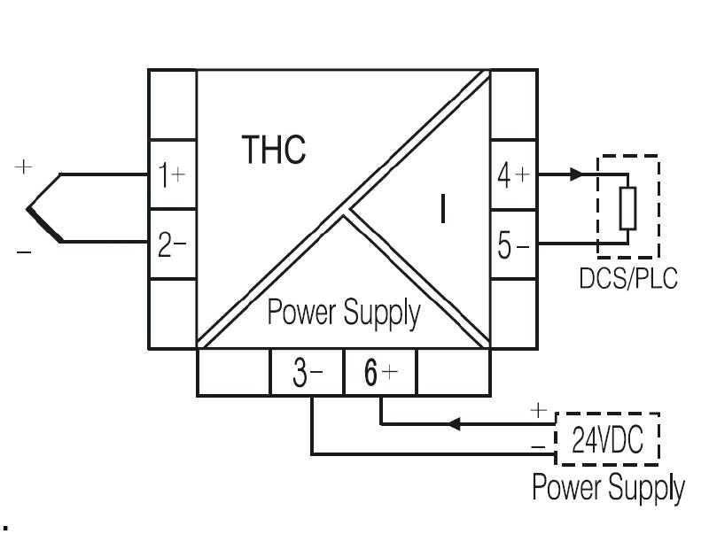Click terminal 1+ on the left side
pyautogui.click(x=171, y=174)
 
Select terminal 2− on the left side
pyautogui.click(x=171, y=244)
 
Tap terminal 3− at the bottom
pyautogui.click(x=306, y=373)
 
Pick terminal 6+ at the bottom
pyautogui.click(x=378, y=373)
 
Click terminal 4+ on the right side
pyautogui.click(x=513, y=174)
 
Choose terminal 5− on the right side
pyautogui.click(x=513, y=244)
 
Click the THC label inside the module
pyautogui.click(x=275, y=150)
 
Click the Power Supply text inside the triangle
pyautogui.click(x=344, y=313)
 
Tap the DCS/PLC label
pyautogui.click(x=627, y=278)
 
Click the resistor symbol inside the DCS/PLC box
pyautogui.click(x=627, y=209)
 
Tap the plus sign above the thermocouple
pyautogui.click(x=24, y=166)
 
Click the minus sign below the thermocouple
pyautogui.click(x=24, y=253)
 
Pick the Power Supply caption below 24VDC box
pyautogui.click(x=608, y=487)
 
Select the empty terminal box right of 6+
pyautogui.click(x=452, y=373)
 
